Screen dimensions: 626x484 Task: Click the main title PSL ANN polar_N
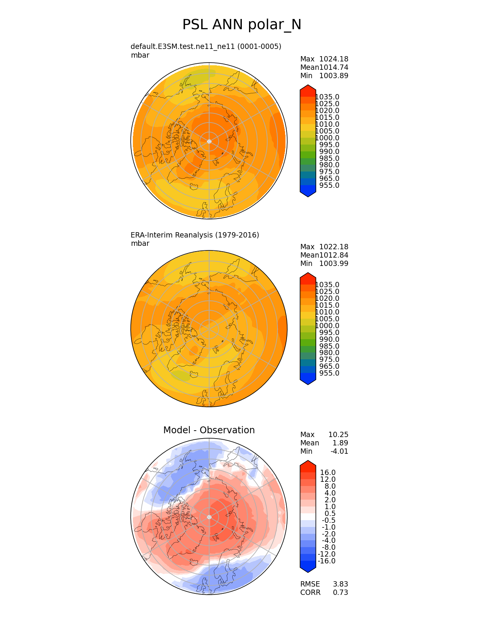click(x=242, y=25)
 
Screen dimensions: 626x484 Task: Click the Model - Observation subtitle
click(x=209, y=430)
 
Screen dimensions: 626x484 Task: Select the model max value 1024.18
click(x=334, y=59)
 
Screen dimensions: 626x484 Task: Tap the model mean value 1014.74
click(x=334, y=68)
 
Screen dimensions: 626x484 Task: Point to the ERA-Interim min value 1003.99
click(x=334, y=264)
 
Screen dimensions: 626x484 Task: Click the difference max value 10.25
click(x=338, y=435)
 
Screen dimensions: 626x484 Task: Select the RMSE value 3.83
click(x=341, y=584)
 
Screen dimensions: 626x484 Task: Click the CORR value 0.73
click(x=341, y=593)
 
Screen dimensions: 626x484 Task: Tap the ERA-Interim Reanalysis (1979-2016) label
click(x=195, y=235)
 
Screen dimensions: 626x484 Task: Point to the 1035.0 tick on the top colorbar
click(x=327, y=97)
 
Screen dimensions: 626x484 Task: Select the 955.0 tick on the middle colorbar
click(x=329, y=373)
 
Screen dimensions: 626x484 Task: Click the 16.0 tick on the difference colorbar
click(x=328, y=473)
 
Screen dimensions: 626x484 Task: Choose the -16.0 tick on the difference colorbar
click(x=326, y=561)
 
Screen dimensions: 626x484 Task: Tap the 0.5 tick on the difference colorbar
click(x=330, y=514)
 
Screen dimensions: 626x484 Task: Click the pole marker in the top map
click(x=209, y=142)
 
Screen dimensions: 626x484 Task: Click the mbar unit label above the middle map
click(x=140, y=244)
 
